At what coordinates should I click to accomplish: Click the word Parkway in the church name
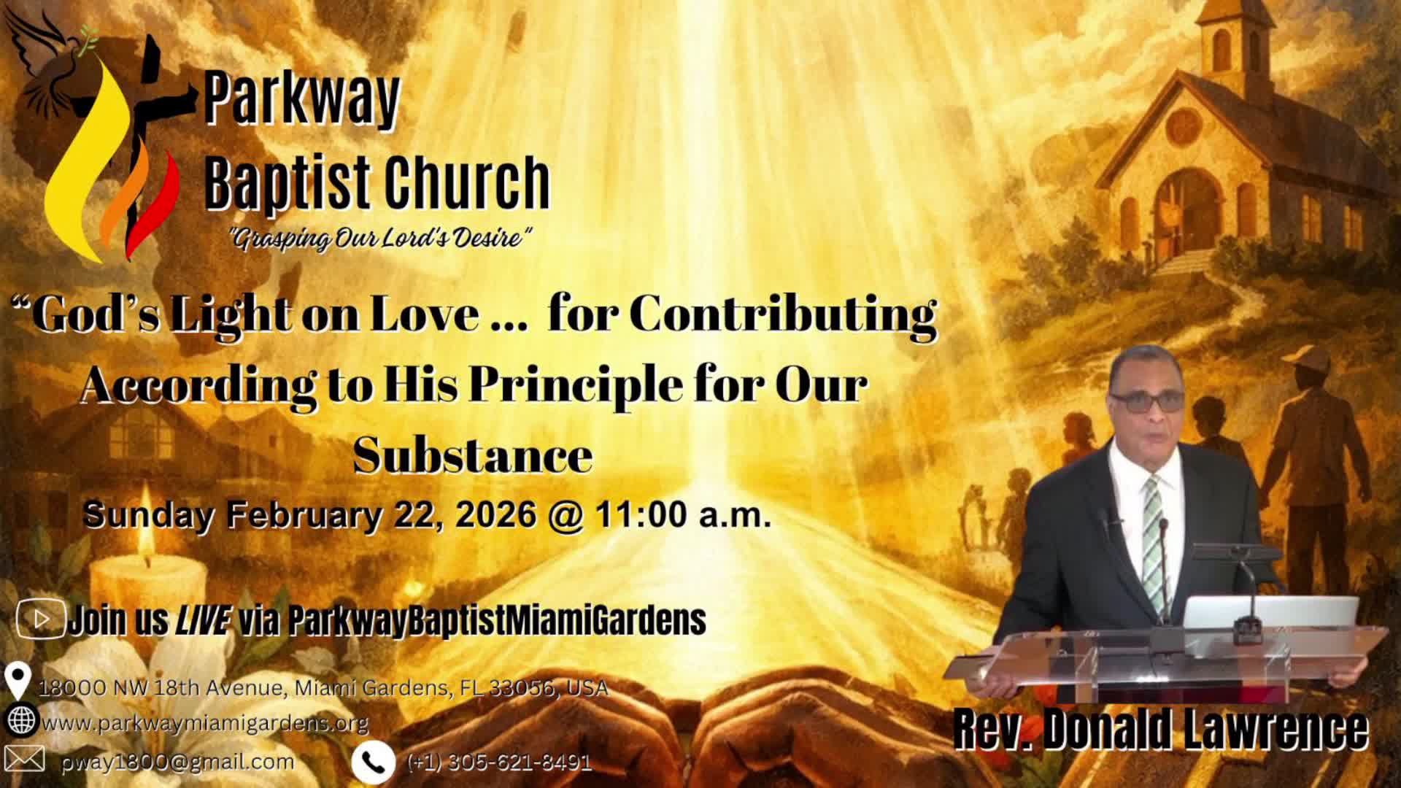click(x=302, y=98)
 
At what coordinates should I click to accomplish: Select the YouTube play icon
click(x=40, y=619)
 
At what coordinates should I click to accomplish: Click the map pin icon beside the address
click(x=16, y=681)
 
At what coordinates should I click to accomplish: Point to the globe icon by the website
click(x=20, y=721)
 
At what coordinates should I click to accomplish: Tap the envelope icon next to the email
click(x=23, y=759)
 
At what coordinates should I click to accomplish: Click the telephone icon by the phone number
click(x=373, y=762)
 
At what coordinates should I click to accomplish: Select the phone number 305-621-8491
click(x=499, y=762)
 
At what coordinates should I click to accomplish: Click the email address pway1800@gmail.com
click(x=178, y=762)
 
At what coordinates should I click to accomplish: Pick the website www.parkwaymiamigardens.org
click(x=205, y=723)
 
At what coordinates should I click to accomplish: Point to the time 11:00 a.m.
click(x=683, y=514)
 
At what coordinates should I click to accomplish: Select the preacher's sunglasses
click(x=1146, y=402)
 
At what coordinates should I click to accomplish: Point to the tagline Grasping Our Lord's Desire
click(x=380, y=239)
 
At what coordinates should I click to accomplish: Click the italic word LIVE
click(x=203, y=620)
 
